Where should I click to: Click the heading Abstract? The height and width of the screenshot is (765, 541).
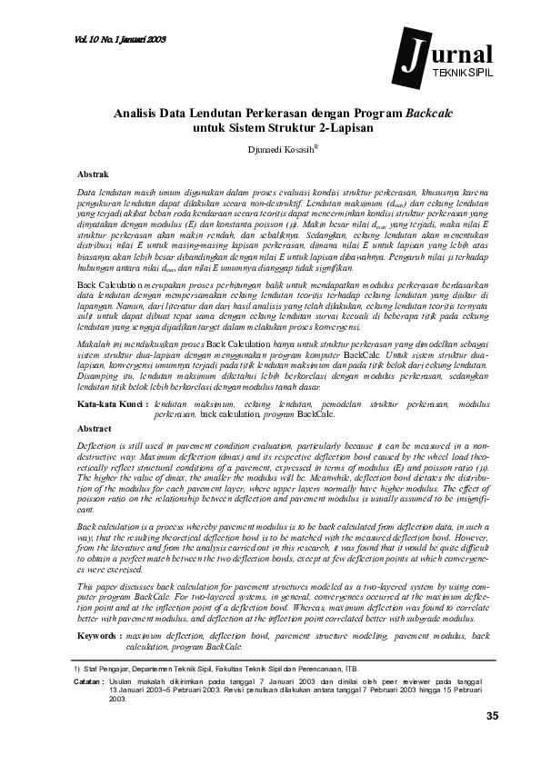(x=95, y=427)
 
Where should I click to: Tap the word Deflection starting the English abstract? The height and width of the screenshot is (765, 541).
(x=97, y=447)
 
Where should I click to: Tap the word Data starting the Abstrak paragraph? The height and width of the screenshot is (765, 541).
(x=87, y=193)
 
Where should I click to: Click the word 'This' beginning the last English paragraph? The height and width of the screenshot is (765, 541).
(x=86, y=589)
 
